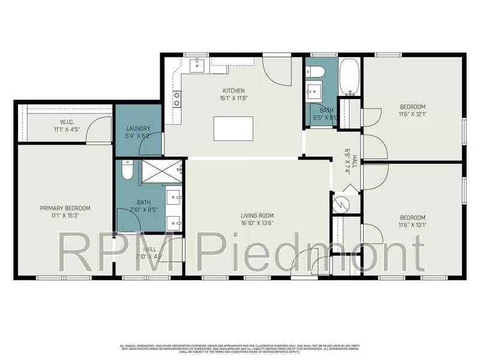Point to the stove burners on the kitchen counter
pyautogui.click(x=177, y=99)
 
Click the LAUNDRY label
pyautogui.click(x=139, y=128)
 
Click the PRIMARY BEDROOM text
pyautogui.click(x=65, y=208)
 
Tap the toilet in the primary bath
pyautogui.click(x=127, y=172)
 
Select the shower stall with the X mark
pyautogui.click(x=161, y=170)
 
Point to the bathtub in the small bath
pyautogui.click(x=349, y=77)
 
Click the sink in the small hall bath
pyautogui.click(x=314, y=92)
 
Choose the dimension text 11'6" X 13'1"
pyautogui.click(x=412, y=226)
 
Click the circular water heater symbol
pyautogui.click(x=340, y=203)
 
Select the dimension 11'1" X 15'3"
pyautogui.click(x=65, y=217)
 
